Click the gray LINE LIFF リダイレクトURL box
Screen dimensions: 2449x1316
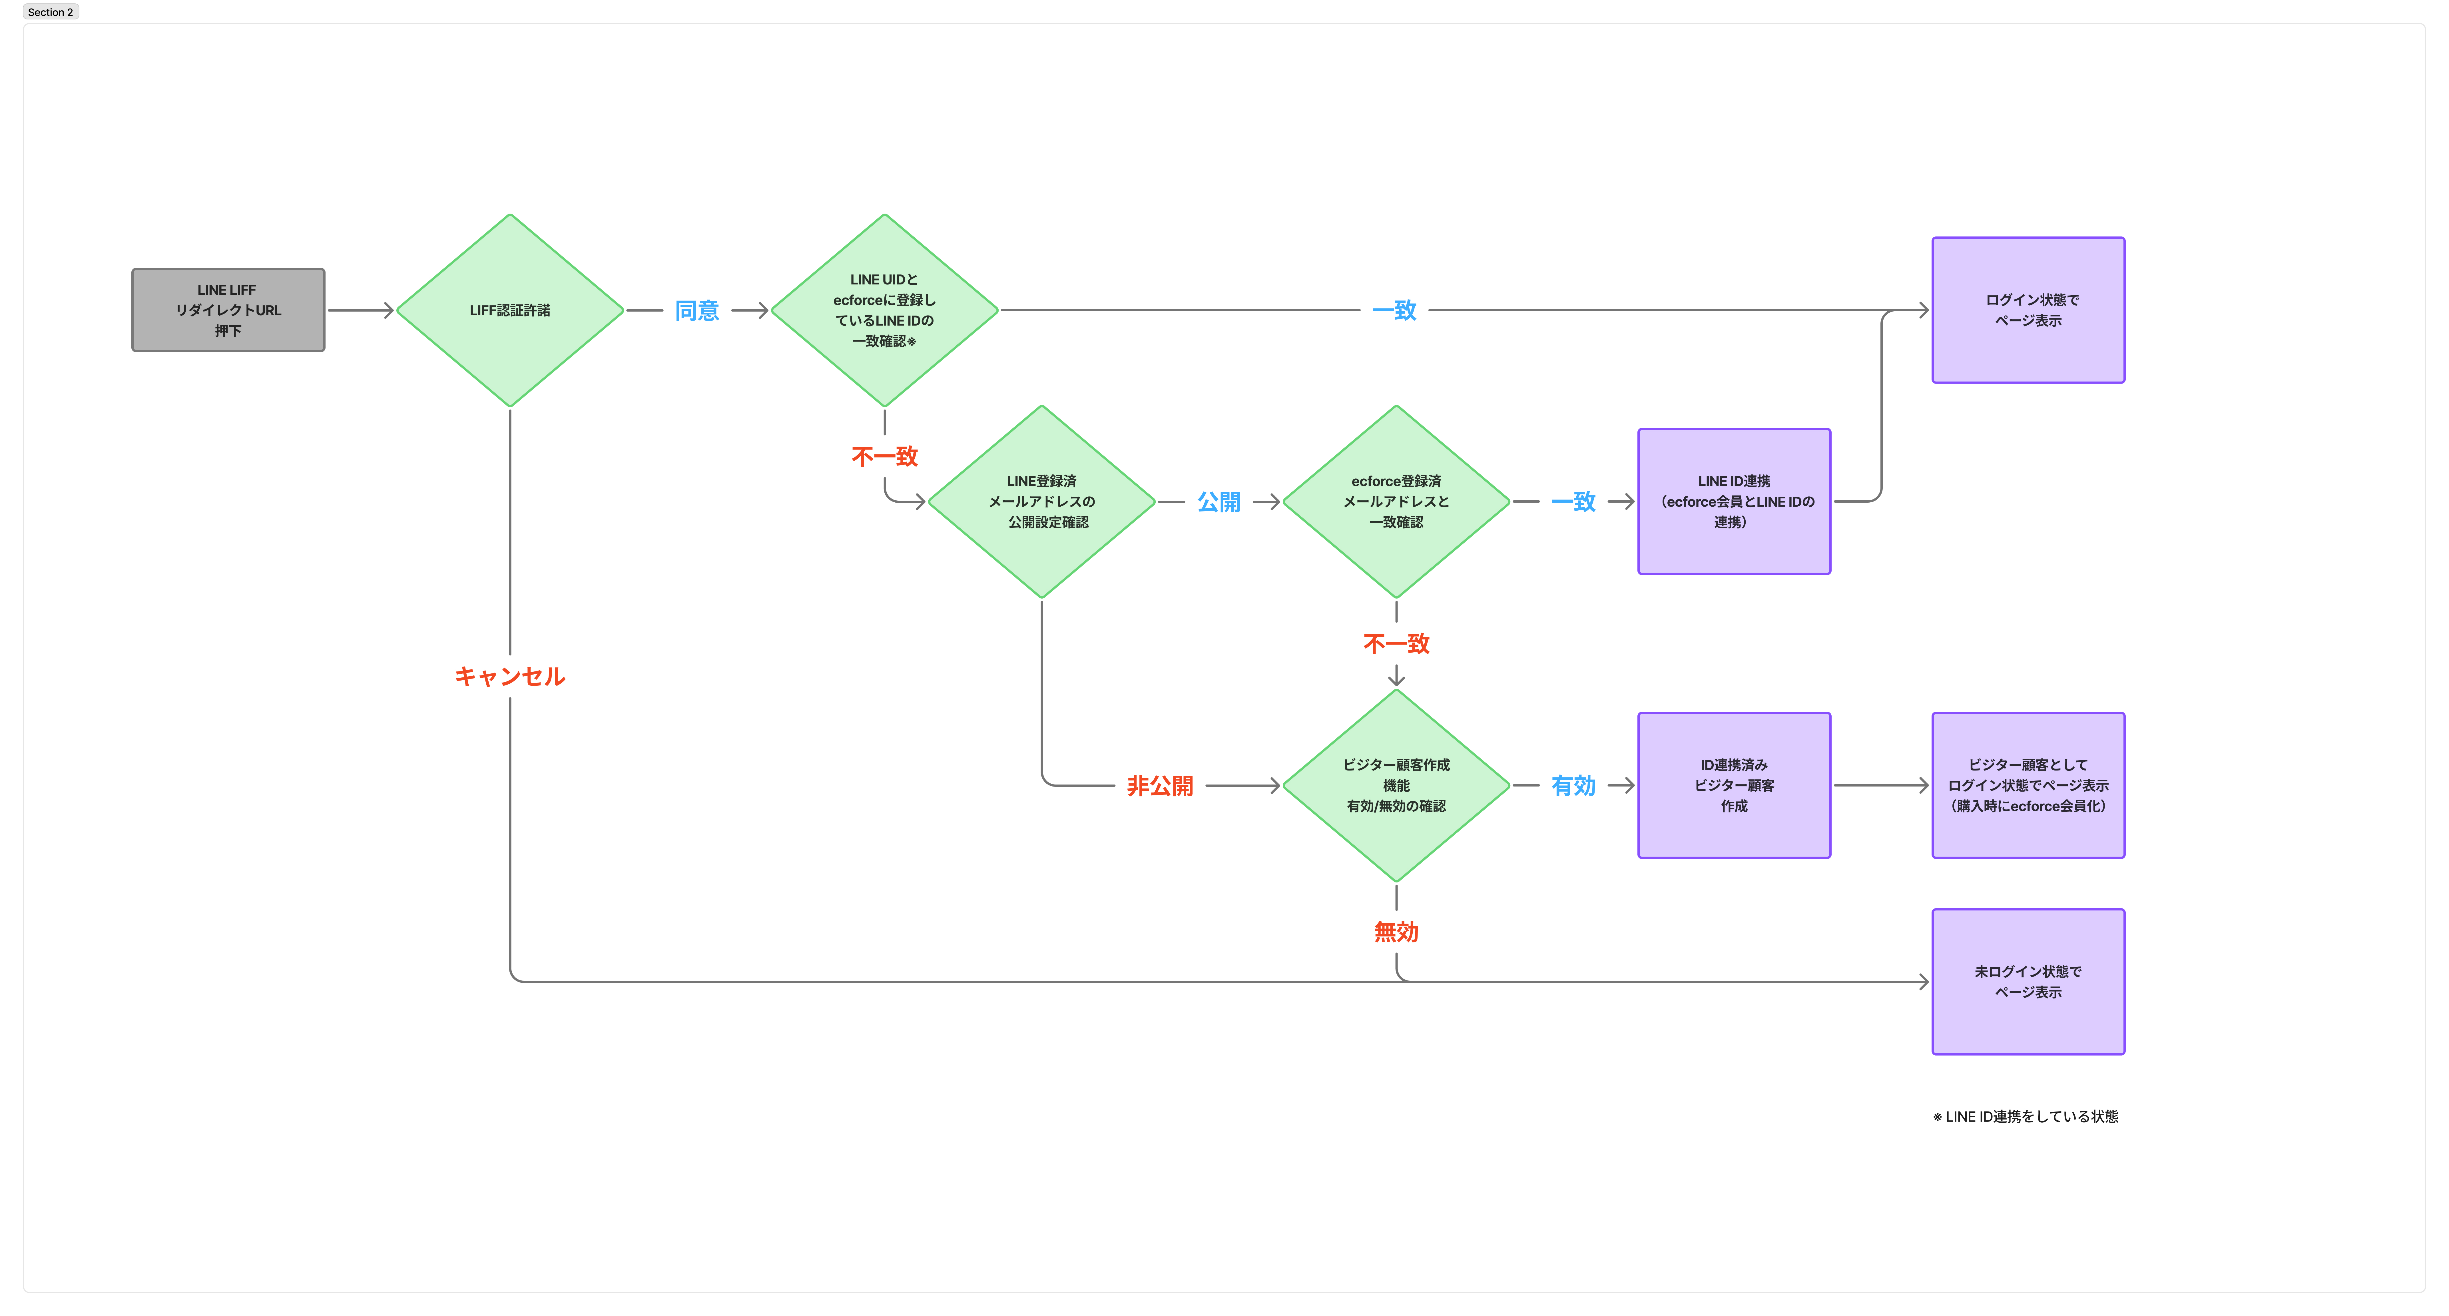(x=228, y=310)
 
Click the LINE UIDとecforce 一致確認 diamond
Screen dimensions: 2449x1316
(x=884, y=310)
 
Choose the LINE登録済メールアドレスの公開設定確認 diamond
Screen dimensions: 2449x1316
(x=1042, y=501)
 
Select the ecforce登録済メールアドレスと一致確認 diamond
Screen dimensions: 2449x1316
(x=1397, y=501)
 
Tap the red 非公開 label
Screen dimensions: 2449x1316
(x=1160, y=785)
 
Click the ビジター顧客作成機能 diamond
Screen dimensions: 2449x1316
(x=1397, y=785)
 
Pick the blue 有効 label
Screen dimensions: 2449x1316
(x=1573, y=785)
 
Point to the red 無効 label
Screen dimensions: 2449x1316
(x=1397, y=932)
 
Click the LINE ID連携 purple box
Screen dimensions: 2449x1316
(x=1734, y=501)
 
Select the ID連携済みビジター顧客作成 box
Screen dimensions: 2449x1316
(x=1734, y=785)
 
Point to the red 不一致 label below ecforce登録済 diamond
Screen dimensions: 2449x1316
(x=1397, y=644)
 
